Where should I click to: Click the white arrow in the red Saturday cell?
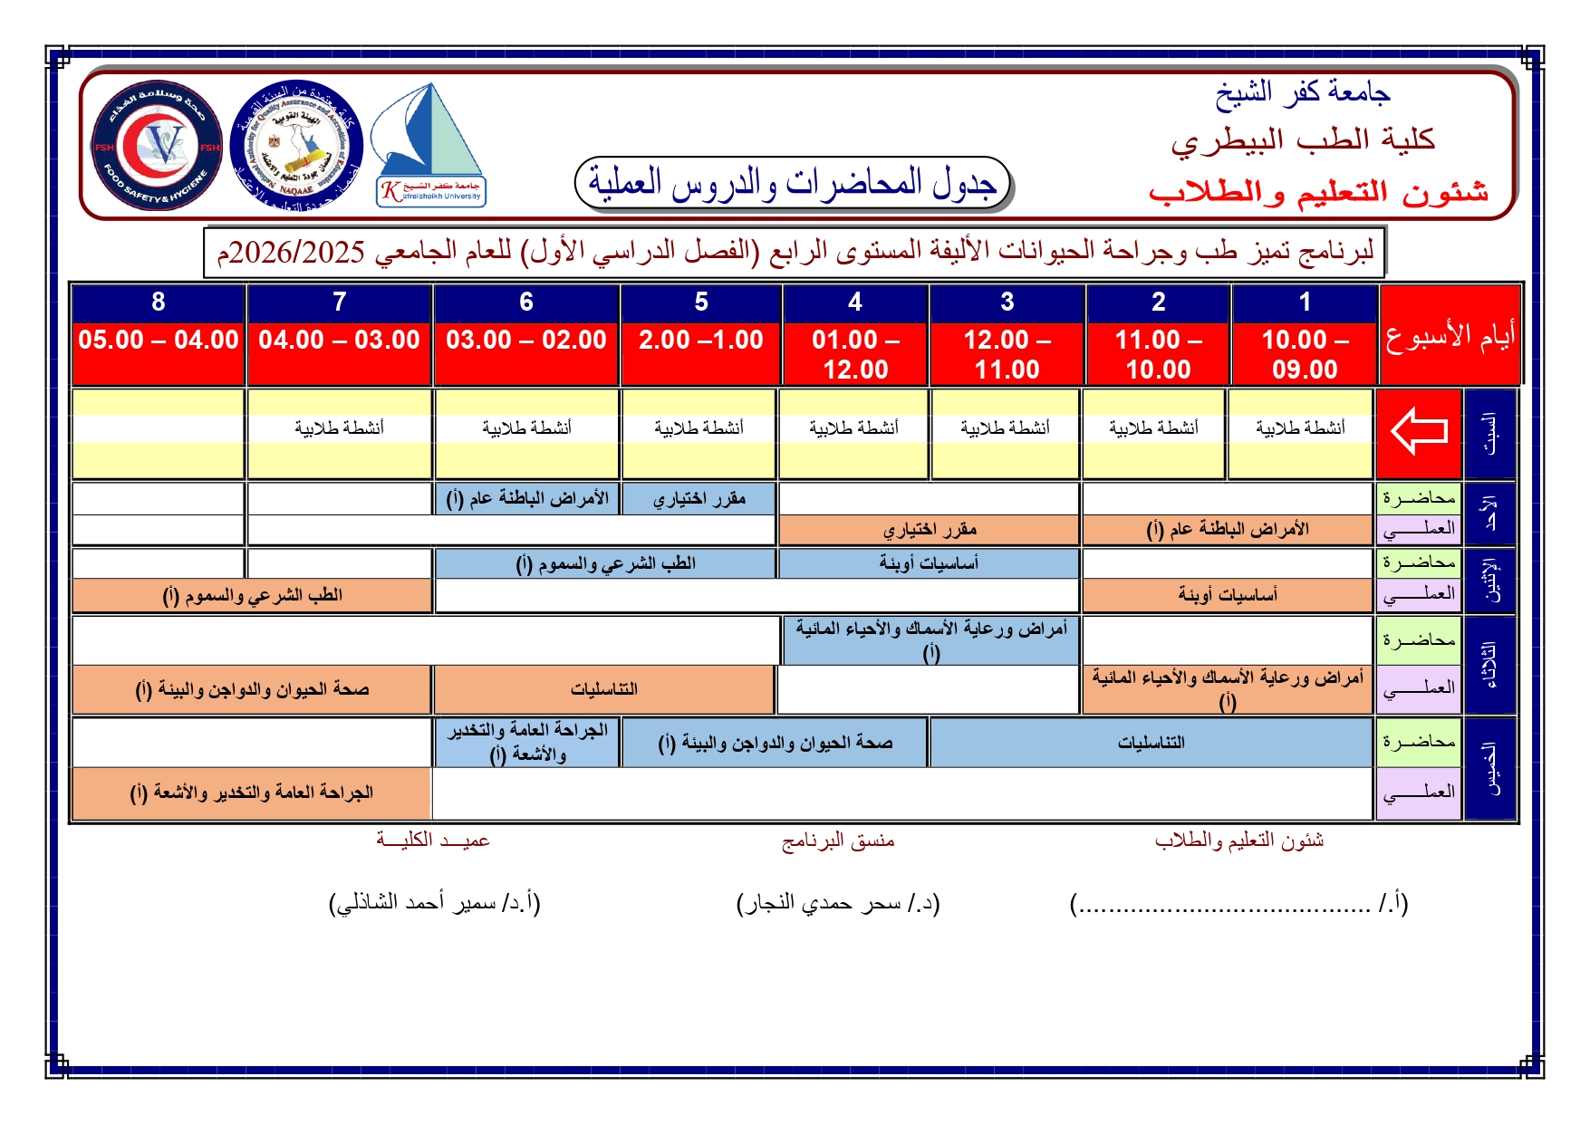(x=1419, y=431)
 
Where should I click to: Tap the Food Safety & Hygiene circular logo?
(x=157, y=146)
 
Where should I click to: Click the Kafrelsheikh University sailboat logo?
(x=430, y=145)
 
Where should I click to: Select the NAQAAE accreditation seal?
(x=296, y=146)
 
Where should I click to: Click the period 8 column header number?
(x=159, y=303)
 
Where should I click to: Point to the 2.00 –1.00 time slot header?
(x=700, y=341)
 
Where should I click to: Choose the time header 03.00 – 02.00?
(x=526, y=341)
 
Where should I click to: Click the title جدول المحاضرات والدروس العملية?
(x=793, y=183)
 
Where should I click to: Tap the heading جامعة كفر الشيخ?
(x=1302, y=92)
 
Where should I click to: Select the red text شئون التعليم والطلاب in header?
(x=1318, y=192)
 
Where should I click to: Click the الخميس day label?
(x=1489, y=769)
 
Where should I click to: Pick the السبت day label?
(x=1489, y=433)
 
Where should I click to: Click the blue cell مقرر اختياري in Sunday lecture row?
(x=699, y=499)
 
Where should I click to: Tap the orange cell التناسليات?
(x=603, y=689)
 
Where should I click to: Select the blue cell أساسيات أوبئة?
(x=929, y=563)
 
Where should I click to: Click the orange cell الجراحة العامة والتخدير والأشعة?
(x=251, y=793)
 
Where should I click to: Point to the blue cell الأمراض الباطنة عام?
(x=527, y=499)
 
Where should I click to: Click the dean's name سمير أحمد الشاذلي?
(x=434, y=903)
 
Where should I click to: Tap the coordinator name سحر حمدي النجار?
(x=838, y=903)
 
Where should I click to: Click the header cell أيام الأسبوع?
(x=1449, y=336)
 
